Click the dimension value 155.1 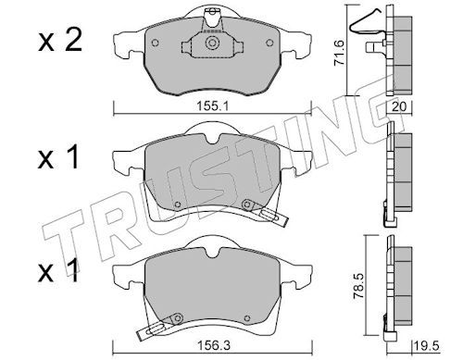(212, 107)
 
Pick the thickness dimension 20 (399, 106)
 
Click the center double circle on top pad (212, 43)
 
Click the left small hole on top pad (156, 43)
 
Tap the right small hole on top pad (269, 43)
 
